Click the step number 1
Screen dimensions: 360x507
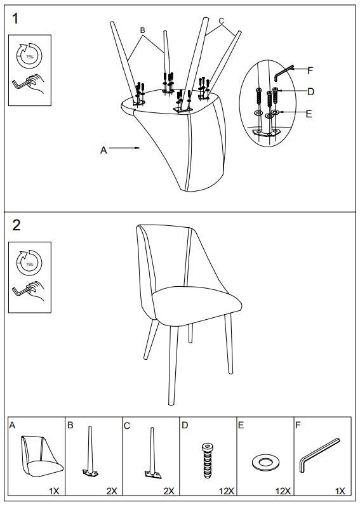15,18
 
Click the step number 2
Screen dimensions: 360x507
16,225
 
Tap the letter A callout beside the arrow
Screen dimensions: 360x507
103,150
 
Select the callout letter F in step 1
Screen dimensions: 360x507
310,70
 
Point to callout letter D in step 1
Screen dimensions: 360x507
310,92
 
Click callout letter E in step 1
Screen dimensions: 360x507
309,114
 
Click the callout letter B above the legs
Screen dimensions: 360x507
143,30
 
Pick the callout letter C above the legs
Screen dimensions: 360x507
221,21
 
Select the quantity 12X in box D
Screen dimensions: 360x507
227,491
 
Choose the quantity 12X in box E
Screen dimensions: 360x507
283,491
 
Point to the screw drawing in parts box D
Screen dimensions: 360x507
207,461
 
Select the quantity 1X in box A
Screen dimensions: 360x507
54,491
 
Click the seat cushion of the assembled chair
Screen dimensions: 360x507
197,305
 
